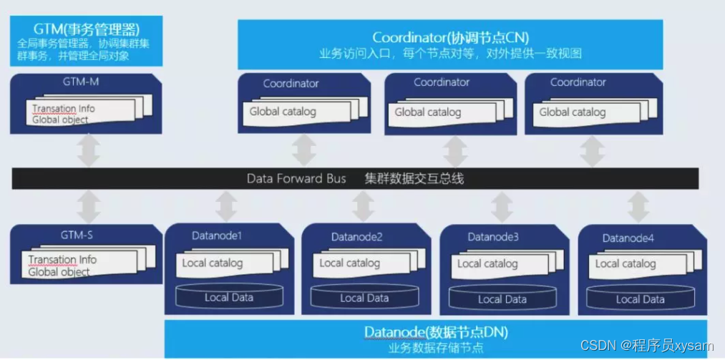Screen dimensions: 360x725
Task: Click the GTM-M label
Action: coord(80,82)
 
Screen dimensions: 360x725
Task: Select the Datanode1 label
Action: coord(216,235)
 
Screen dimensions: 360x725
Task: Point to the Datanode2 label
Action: coord(356,237)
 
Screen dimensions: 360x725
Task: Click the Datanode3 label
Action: coord(492,236)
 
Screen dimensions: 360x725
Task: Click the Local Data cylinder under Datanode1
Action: coord(228,297)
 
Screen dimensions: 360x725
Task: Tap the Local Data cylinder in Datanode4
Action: coord(640,299)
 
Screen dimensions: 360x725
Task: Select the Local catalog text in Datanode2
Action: coord(349,263)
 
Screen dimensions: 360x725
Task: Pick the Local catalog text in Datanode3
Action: coord(487,263)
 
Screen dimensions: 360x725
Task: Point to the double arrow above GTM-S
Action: coord(89,207)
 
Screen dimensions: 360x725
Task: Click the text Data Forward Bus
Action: coord(295,178)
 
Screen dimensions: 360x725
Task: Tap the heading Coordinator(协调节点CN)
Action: coord(450,37)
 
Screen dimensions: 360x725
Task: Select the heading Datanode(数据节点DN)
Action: coord(436,332)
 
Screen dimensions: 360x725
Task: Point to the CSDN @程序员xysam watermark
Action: coord(647,346)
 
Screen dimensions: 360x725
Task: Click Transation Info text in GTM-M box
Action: coord(63,109)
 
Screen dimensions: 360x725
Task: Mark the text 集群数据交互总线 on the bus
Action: coord(414,178)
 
